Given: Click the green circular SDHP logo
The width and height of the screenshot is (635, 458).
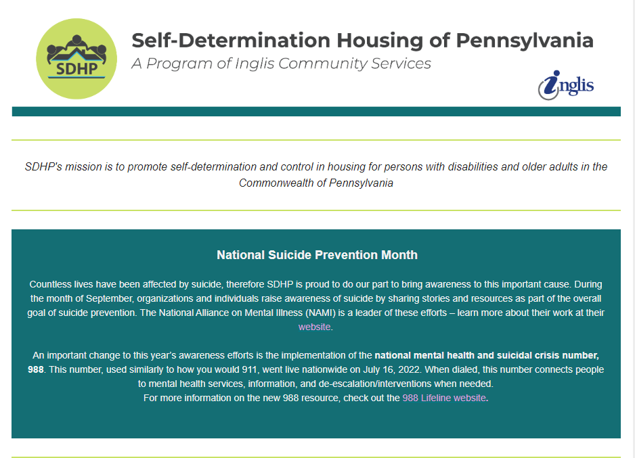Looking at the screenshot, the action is pyautogui.click(x=76, y=59).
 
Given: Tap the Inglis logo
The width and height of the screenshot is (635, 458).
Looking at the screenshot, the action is pyautogui.click(x=566, y=85).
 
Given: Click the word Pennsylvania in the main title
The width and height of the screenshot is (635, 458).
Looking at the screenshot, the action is pyautogui.click(x=525, y=41).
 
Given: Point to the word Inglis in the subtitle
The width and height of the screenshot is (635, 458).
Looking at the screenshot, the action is pyautogui.click(x=255, y=64).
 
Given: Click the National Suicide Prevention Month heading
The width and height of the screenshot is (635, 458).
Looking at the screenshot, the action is pyautogui.click(x=317, y=255).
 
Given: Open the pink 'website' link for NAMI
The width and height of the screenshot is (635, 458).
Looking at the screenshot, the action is pyautogui.click(x=314, y=327).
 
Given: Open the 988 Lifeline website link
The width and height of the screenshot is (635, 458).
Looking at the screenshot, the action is pyautogui.click(x=444, y=398).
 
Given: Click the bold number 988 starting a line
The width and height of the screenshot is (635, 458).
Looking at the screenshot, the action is pyautogui.click(x=36, y=370).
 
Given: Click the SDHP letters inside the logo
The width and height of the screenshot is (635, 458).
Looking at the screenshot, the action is pyautogui.click(x=76, y=69).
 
